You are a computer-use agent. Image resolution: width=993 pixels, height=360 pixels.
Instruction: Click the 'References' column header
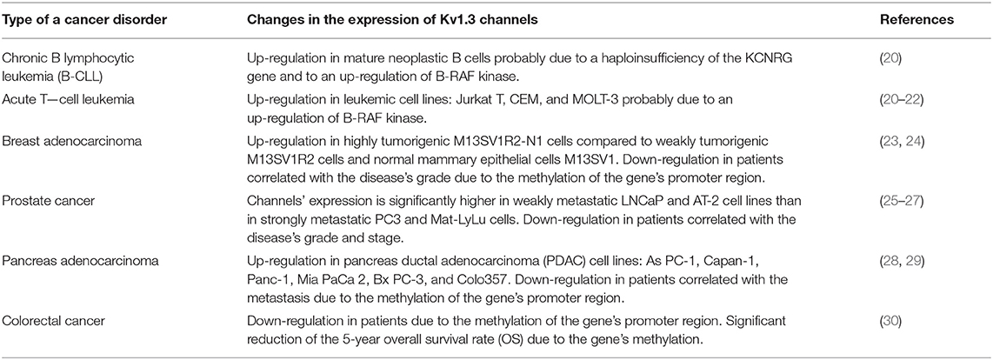916,20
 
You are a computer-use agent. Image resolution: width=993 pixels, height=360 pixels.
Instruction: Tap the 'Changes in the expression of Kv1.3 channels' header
392,20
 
